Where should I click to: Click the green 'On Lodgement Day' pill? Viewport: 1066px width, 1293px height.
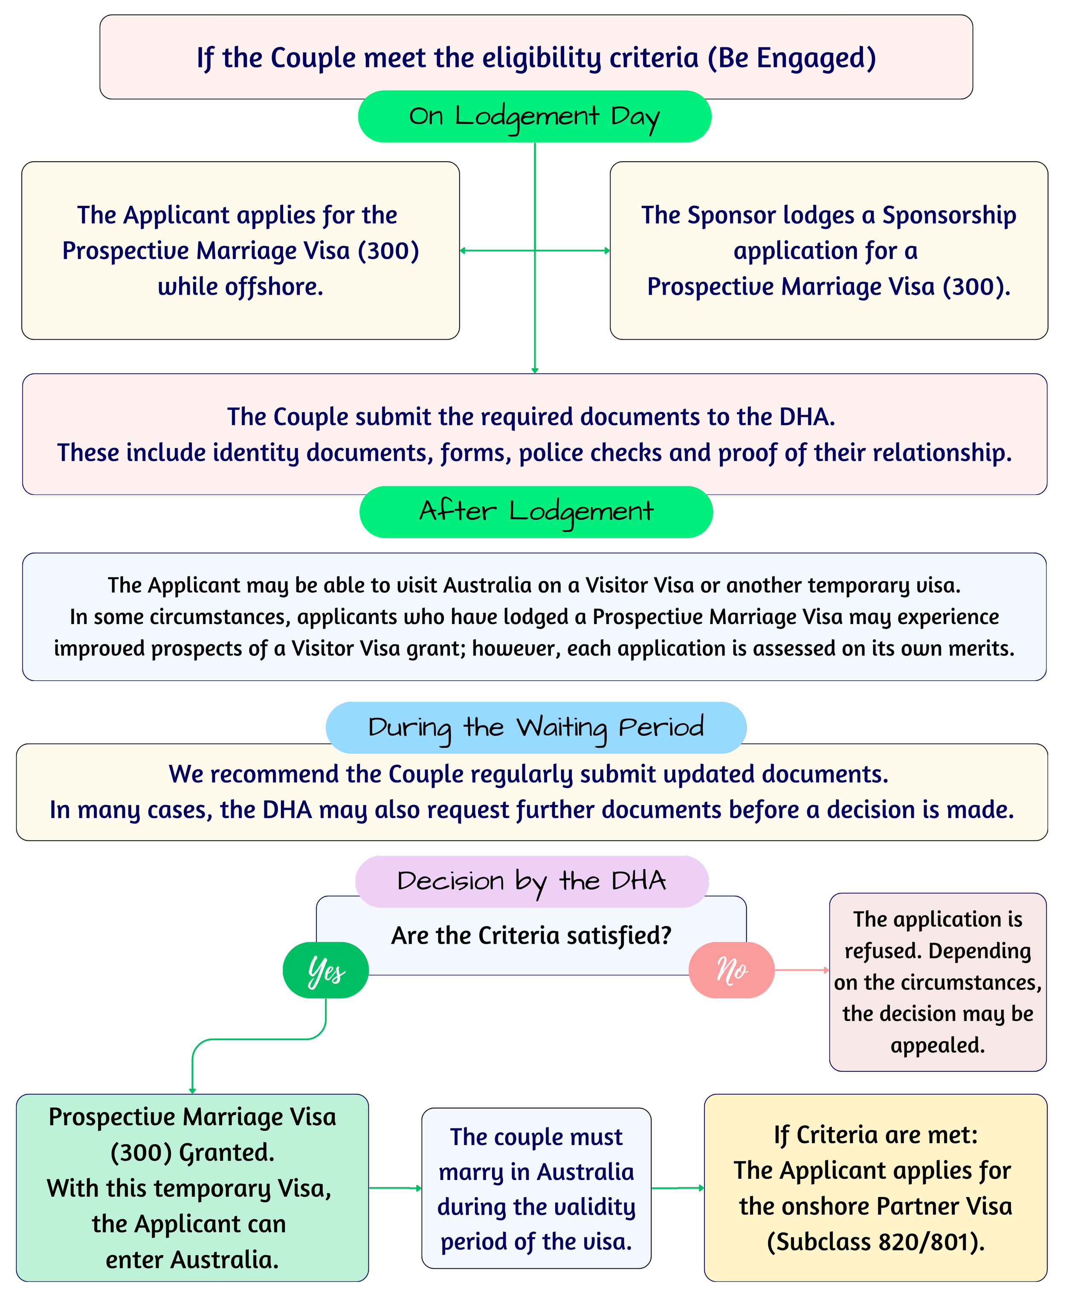[534, 117]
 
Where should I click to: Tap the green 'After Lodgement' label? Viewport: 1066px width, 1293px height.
[536, 512]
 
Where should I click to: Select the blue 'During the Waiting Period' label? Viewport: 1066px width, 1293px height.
[536, 728]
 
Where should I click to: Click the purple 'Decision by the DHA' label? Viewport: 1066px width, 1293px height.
[532, 882]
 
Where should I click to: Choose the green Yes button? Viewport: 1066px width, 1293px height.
[325, 970]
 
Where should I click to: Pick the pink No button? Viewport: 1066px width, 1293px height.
[731, 970]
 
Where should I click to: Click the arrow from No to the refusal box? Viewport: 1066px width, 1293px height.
[802, 970]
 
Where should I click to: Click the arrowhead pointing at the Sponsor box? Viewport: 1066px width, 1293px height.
[607, 251]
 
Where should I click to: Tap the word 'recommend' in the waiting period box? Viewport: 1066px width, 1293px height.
[275, 775]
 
